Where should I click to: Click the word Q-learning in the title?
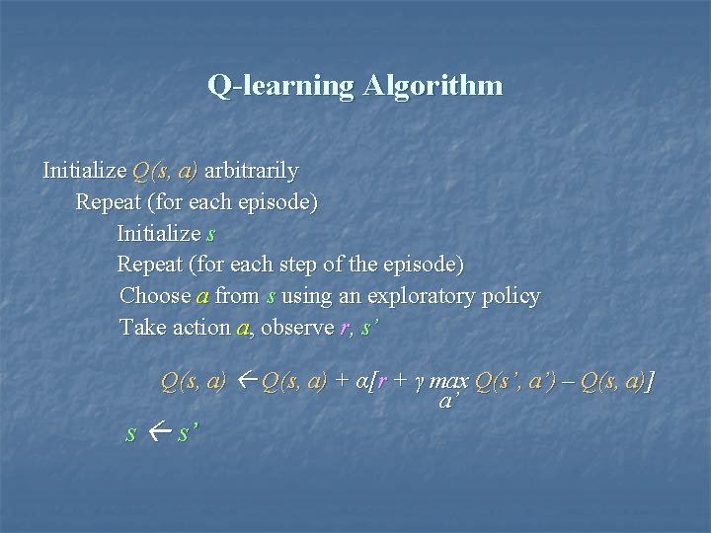[280, 86]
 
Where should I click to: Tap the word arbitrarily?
[251, 171]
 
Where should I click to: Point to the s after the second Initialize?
[209, 234]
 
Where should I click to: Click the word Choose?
[154, 296]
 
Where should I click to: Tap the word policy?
[508, 296]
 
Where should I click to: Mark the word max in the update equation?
[450, 381]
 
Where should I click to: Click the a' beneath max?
[447, 402]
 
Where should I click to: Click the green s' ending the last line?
[187, 433]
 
